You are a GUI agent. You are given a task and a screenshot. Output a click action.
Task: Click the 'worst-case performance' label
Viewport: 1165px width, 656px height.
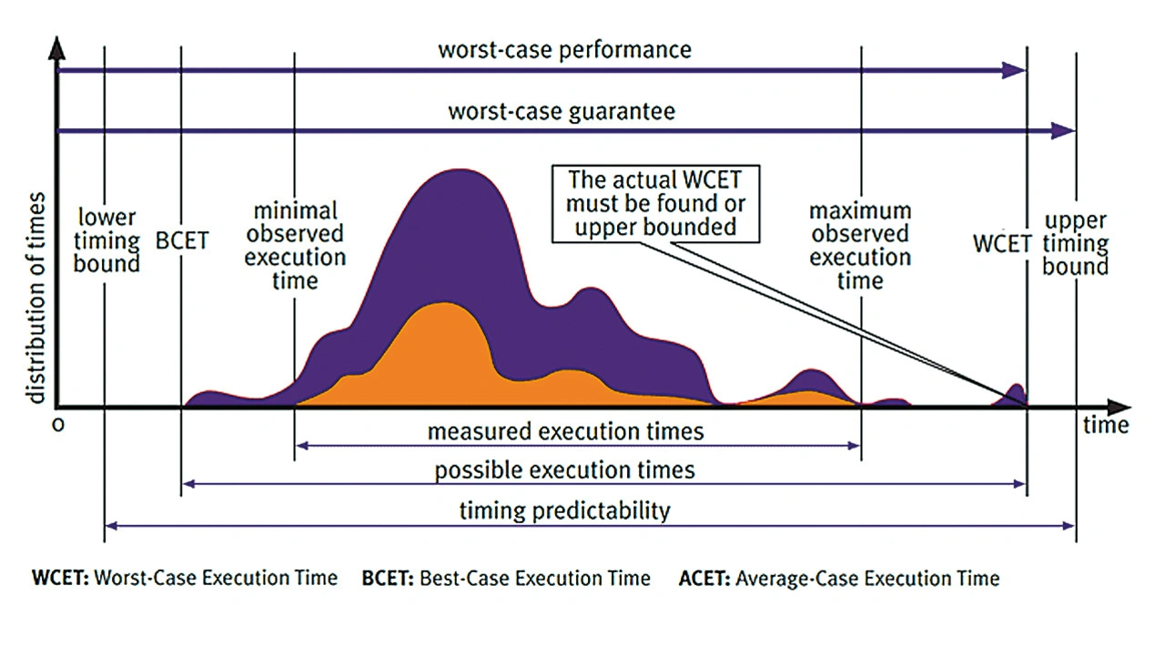tap(564, 49)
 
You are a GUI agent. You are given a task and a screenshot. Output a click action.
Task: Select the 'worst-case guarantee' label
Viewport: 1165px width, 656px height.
tap(562, 112)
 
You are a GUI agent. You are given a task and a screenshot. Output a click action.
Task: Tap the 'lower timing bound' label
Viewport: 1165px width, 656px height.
tap(108, 241)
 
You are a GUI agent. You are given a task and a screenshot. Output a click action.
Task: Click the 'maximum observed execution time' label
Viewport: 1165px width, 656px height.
tap(860, 246)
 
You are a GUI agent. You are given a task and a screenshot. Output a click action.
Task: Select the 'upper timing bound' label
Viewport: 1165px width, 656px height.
tap(1076, 243)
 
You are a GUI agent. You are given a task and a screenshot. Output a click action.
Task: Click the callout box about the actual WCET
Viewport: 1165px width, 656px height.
tap(655, 202)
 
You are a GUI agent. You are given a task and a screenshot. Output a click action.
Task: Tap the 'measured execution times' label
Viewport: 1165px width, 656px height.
tap(565, 430)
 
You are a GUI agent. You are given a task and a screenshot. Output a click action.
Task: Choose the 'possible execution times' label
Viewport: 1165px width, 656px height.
tap(564, 470)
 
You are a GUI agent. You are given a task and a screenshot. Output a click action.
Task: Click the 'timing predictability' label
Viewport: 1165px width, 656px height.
tap(564, 510)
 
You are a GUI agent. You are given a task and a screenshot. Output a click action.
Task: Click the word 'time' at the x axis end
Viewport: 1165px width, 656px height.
tap(1106, 425)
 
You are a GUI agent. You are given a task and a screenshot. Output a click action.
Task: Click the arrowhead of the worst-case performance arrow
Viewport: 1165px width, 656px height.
tap(1015, 70)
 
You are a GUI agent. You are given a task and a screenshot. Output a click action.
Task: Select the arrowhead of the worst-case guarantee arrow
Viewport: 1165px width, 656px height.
tap(1062, 131)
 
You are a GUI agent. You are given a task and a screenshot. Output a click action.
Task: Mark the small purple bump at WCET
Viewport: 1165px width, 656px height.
tap(1017, 393)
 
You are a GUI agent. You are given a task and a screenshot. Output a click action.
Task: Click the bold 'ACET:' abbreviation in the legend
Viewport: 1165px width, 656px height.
tap(703, 578)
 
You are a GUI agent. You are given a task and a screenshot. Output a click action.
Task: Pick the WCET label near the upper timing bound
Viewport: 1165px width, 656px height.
tap(1001, 244)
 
